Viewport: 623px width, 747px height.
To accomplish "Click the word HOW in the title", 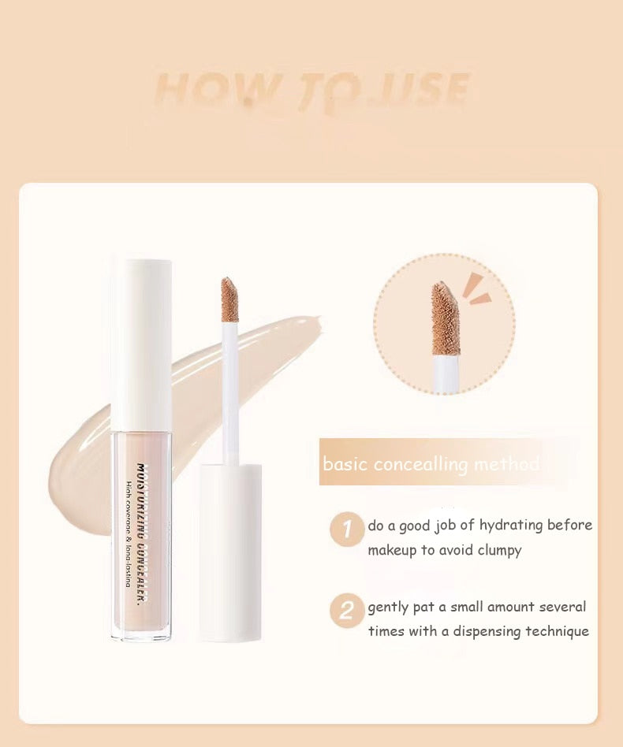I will (x=215, y=90).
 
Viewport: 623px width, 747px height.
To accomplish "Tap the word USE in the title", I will (x=425, y=90).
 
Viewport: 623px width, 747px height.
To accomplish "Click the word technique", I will (x=557, y=632).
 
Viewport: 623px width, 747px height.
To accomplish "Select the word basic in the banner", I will (x=345, y=464).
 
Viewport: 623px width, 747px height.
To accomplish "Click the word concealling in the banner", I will (x=420, y=464).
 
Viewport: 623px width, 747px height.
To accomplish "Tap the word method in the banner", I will (x=507, y=464).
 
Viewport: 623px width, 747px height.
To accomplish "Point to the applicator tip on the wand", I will (x=229, y=299).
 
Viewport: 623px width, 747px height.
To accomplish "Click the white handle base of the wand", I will (x=230, y=552).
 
